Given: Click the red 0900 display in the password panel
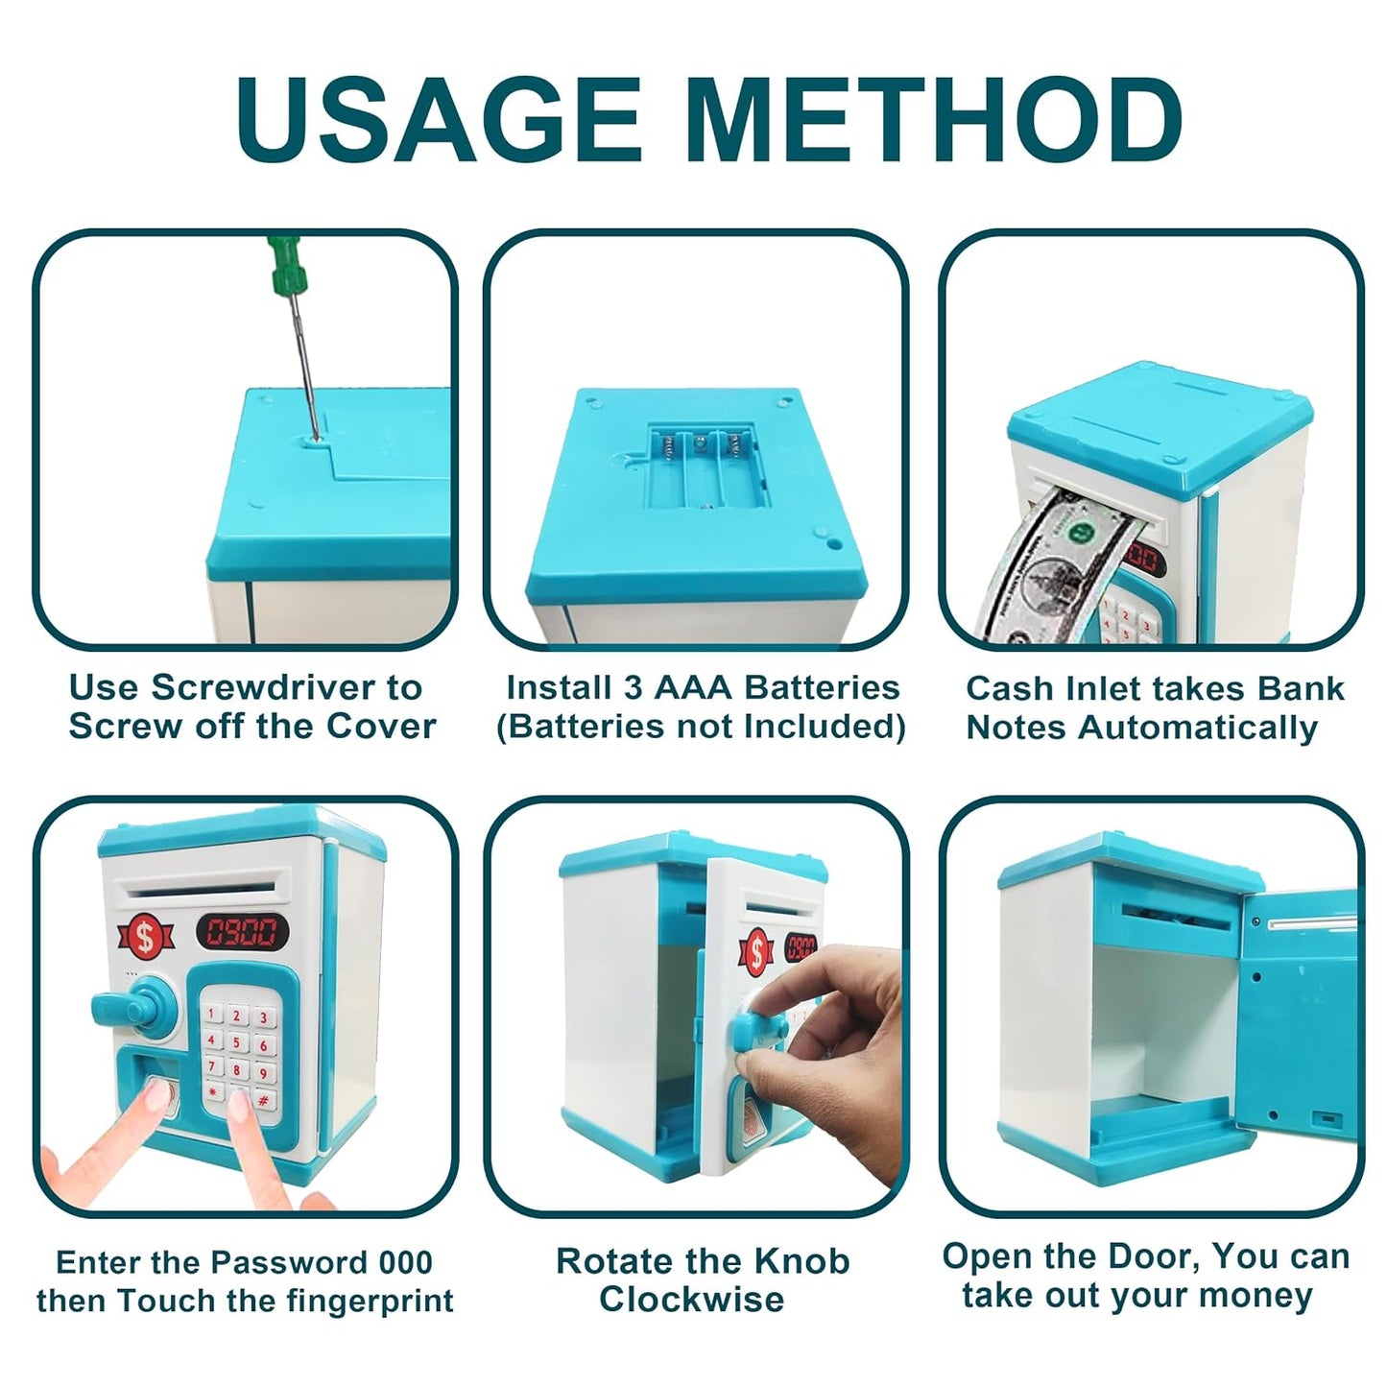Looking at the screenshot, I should pos(242,930).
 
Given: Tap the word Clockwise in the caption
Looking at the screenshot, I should pos(691,1300).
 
